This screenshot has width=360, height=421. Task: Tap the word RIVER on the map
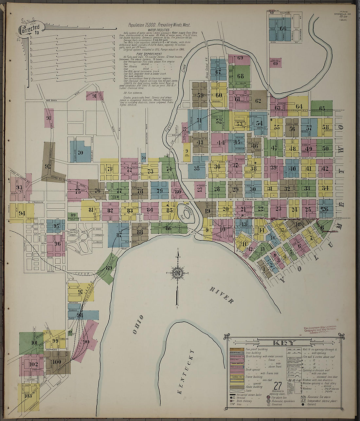click(x=221, y=295)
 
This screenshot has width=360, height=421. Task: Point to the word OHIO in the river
click(x=138, y=325)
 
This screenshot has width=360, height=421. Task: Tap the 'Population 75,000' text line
click(x=159, y=25)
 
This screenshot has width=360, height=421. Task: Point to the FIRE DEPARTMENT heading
click(x=150, y=54)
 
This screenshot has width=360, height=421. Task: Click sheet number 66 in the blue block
click(x=283, y=29)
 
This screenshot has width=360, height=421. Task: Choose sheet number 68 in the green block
click(x=241, y=76)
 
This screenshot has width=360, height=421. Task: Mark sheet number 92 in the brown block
click(x=48, y=166)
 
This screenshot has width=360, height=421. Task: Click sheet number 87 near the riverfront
click(x=118, y=235)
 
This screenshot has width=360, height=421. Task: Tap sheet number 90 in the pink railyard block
click(x=86, y=342)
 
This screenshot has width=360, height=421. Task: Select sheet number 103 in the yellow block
click(x=28, y=396)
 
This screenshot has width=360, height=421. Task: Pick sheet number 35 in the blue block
click(x=196, y=169)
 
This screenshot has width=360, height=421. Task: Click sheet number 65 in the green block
click(x=322, y=108)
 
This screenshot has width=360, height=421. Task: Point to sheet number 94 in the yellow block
click(x=22, y=213)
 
